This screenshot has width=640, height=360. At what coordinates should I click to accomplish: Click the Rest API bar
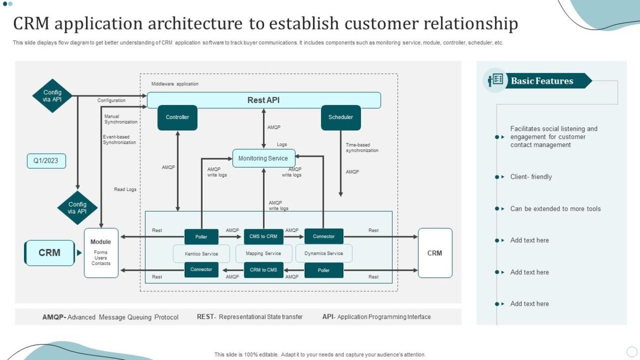[x=263, y=100]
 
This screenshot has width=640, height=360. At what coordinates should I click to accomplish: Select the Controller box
[x=177, y=117]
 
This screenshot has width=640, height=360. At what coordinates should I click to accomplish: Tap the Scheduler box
[x=340, y=117]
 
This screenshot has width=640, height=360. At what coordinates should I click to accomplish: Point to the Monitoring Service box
[x=263, y=158]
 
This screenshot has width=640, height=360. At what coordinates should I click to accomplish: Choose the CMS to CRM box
[x=263, y=236]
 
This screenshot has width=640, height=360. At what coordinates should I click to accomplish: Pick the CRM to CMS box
[x=263, y=270]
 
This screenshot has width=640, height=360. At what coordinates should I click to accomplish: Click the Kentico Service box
[x=202, y=254]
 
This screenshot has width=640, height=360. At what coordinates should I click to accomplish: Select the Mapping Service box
[x=263, y=254]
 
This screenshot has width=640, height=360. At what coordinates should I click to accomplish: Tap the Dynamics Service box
[x=324, y=254]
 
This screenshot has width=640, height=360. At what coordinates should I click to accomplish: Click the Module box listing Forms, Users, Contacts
[x=101, y=253]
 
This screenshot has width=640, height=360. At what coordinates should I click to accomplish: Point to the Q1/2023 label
[x=46, y=161]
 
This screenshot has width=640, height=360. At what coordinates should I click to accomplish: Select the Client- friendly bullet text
[x=531, y=177]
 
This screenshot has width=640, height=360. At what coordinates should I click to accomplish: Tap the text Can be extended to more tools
[x=555, y=209]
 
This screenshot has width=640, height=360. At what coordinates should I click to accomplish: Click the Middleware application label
[x=174, y=84]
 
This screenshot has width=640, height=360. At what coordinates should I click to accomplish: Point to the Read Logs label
[x=125, y=189]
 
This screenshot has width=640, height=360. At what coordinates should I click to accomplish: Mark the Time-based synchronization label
[x=362, y=148]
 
